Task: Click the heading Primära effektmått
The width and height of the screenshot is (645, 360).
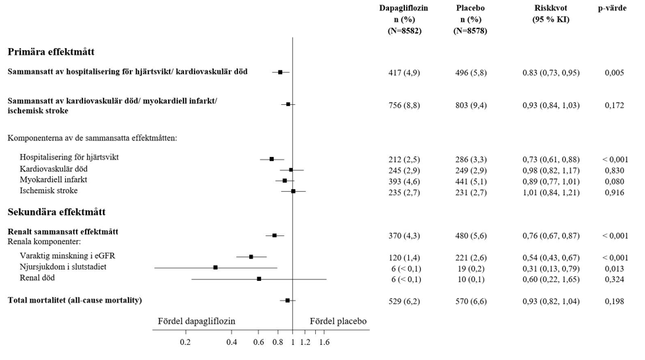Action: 53,51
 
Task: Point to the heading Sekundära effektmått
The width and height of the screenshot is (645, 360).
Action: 57,212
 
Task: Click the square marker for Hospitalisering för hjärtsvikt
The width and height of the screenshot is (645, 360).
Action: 272,159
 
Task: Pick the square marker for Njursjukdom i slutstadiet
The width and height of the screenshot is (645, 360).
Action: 216,267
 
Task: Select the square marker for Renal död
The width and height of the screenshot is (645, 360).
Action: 259,279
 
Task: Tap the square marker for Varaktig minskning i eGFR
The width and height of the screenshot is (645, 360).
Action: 251,256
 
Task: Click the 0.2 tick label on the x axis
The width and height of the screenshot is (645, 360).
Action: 185,342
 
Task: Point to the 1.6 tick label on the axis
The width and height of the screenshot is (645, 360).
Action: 324,342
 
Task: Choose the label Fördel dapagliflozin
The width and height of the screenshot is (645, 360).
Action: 197,321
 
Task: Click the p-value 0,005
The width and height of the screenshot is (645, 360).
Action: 614,73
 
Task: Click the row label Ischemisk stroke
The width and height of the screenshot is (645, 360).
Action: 58,191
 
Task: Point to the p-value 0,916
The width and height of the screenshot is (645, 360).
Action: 614,191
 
